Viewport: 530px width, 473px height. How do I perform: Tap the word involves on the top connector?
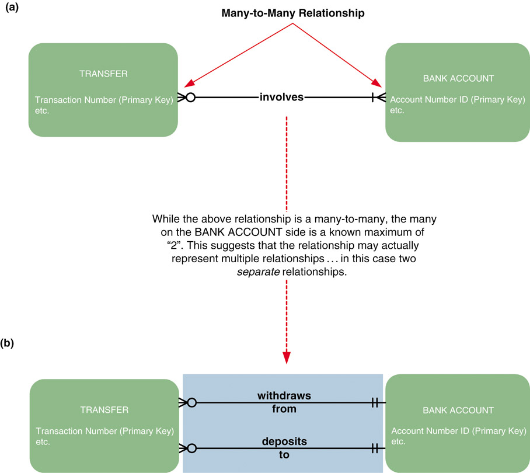[281, 97]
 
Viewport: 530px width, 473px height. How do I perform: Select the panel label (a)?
[13, 10]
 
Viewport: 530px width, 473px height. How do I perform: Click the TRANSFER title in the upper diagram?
[103, 74]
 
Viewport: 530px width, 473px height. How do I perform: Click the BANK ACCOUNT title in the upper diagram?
[458, 78]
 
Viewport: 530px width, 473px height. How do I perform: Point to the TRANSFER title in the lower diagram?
[103, 410]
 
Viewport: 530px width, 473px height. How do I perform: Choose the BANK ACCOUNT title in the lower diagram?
[458, 411]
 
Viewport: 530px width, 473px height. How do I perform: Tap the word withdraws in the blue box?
[284, 396]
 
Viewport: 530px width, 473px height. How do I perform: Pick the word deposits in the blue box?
[284, 440]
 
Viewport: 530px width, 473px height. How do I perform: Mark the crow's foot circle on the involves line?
[190, 98]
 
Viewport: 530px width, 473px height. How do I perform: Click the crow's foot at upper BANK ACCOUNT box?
[378, 98]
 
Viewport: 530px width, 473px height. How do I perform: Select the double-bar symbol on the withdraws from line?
[375, 403]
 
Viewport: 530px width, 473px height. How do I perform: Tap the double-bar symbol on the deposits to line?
[375, 448]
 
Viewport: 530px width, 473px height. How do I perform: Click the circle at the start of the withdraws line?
[191, 403]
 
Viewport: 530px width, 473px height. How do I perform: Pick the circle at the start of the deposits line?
[191, 448]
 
